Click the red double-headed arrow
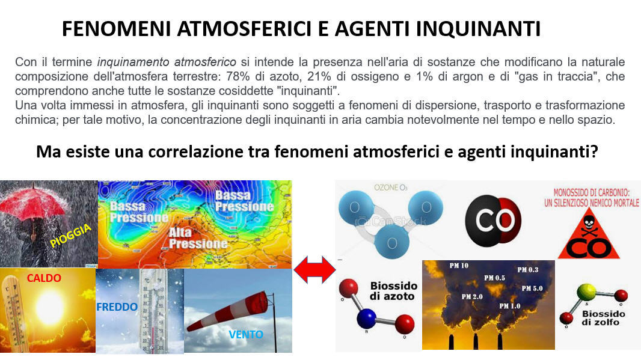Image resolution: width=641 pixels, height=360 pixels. click(314, 270)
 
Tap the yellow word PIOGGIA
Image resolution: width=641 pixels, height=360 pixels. click(70, 236)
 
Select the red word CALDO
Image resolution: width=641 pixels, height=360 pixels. click(44, 278)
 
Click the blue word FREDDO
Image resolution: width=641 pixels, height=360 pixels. click(117, 307)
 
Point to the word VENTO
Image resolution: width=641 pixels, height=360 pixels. click(246, 335)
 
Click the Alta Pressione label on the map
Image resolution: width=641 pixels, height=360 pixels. click(198, 238)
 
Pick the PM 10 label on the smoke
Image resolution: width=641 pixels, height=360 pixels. click(459, 266)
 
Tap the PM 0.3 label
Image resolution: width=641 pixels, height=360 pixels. click(528, 270)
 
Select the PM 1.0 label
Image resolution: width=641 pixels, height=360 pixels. click(510, 306)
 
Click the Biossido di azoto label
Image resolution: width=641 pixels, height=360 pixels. click(394, 291)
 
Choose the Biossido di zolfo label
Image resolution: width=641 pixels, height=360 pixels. click(603, 318)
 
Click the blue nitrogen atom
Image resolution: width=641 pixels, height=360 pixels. click(366, 319)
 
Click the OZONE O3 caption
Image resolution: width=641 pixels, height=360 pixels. click(390, 188)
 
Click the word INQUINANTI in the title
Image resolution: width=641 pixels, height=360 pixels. click(478, 29)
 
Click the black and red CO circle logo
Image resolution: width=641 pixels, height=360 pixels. click(493, 221)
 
